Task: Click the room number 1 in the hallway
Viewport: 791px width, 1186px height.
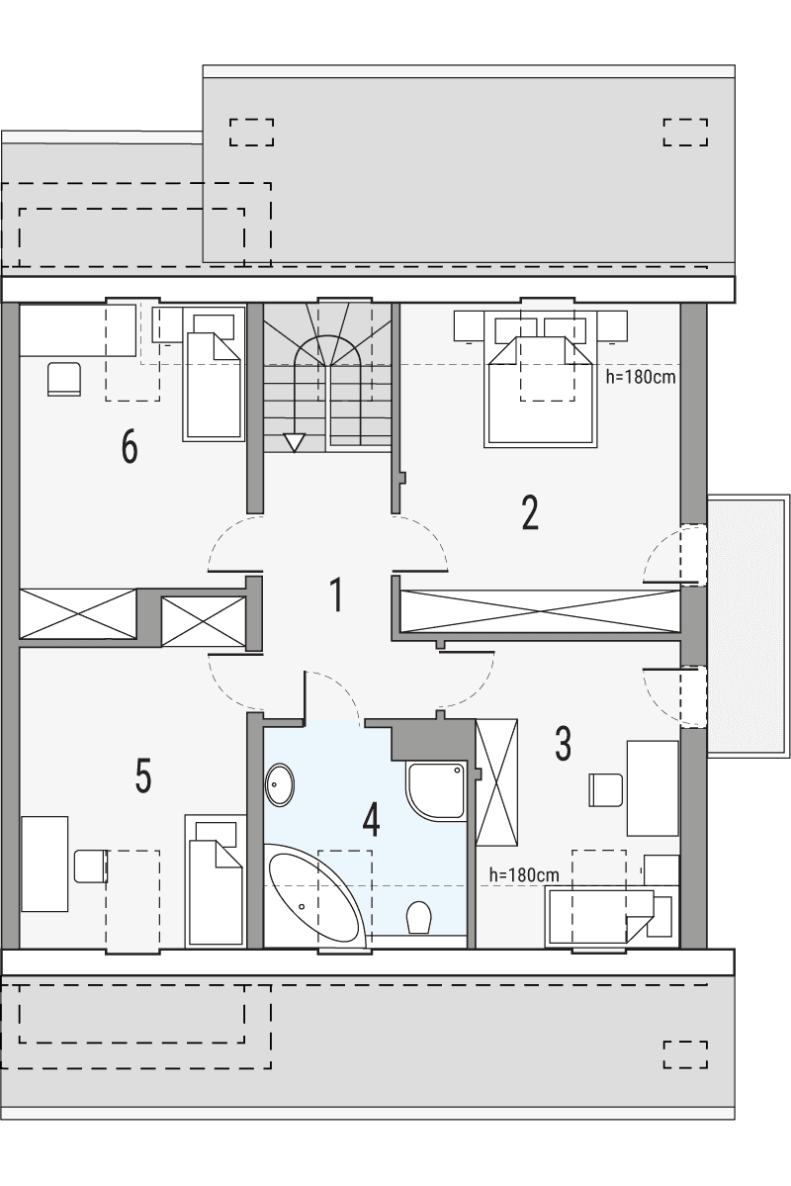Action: tap(336, 595)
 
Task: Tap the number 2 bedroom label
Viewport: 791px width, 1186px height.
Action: tap(530, 512)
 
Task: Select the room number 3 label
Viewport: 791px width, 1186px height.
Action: tap(563, 744)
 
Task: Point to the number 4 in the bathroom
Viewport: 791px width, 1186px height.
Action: tap(371, 820)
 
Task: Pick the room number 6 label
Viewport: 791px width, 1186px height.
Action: tap(130, 448)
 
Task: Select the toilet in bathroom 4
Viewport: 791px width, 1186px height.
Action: tap(419, 916)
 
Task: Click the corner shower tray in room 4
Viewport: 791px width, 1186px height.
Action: tap(435, 790)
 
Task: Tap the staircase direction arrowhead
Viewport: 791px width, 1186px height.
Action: tap(294, 442)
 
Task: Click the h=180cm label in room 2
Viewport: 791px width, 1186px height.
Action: tap(641, 376)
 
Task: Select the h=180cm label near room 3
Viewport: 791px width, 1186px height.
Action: tap(524, 875)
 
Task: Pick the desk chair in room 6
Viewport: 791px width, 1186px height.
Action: tap(63, 379)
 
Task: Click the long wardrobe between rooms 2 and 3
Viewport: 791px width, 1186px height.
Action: tap(540, 611)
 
